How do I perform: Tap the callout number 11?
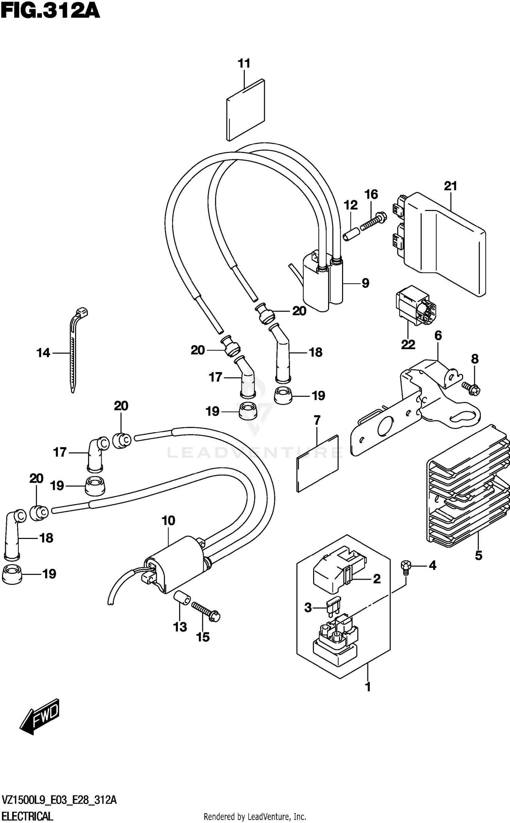[x=244, y=63]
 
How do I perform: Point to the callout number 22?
[x=408, y=345]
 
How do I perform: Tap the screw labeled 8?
[x=472, y=389]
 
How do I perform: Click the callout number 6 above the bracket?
[x=438, y=336]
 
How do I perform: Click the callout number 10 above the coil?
[x=168, y=520]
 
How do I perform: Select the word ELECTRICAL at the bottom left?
[x=27, y=816]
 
